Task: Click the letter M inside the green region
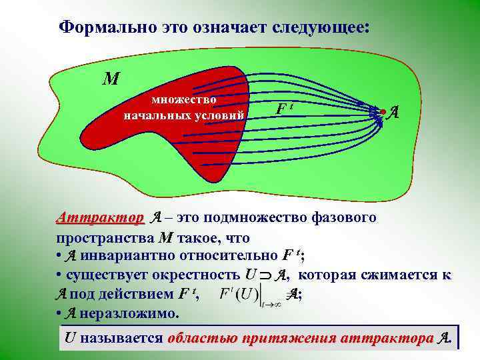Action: pos(110,79)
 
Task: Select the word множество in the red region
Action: pos(184,100)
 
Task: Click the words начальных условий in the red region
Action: pos(184,115)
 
